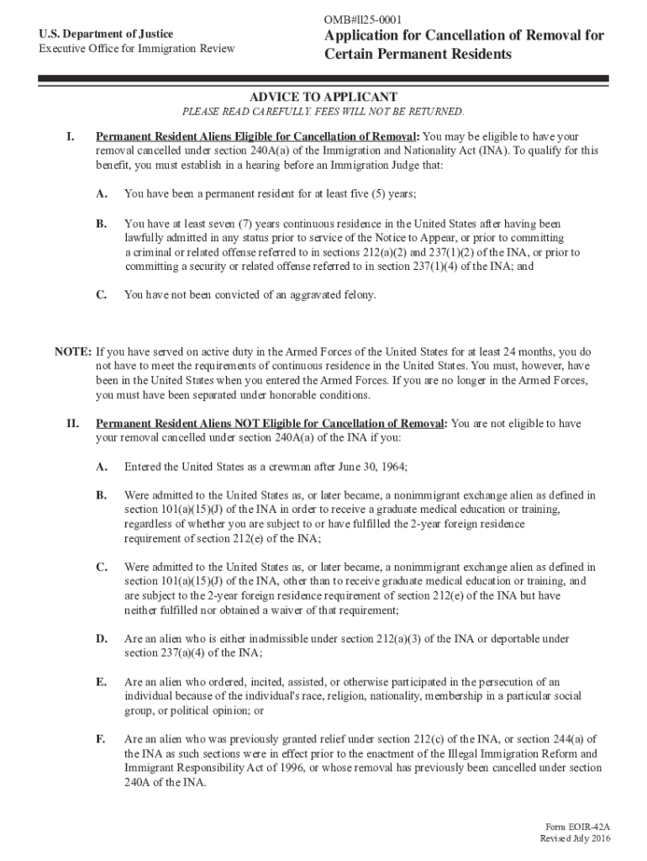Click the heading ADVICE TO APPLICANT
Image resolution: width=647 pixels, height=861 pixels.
point(323,97)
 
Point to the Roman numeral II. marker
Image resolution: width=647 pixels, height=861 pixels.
point(72,423)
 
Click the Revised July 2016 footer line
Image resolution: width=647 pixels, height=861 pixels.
point(576,840)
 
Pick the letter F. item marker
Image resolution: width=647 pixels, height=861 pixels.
point(100,738)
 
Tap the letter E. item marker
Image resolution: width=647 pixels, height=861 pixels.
point(100,682)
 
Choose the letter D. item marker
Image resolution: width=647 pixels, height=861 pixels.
point(101,639)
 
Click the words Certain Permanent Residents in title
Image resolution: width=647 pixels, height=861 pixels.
point(418,55)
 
